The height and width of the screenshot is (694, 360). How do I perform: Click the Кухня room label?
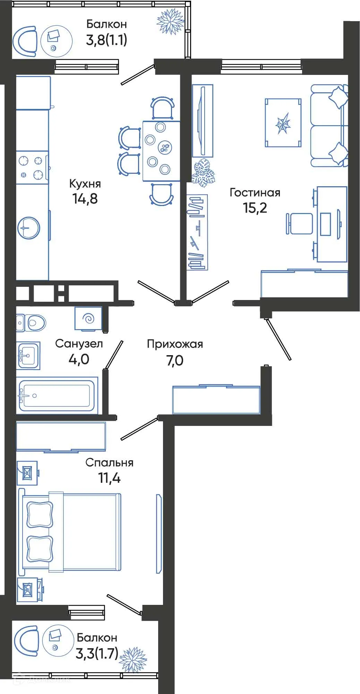[85, 183]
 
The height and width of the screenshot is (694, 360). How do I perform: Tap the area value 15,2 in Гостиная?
[255, 207]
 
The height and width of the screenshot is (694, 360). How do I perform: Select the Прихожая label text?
[175, 344]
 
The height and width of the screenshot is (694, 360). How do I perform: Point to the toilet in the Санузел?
[32, 323]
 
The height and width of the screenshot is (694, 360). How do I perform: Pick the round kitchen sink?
[29, 228]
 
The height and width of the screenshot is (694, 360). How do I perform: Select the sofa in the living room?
[328, 126]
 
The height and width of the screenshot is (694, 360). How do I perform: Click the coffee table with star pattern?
[283, 123]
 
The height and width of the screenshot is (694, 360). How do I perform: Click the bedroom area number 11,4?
[109, 478]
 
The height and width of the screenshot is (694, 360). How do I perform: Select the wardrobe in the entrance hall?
[216, 400]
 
